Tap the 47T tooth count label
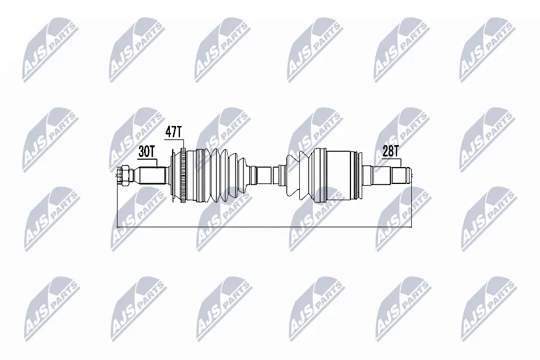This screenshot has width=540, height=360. click(x=174, y=132)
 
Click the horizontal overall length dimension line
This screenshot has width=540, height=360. click(x=264, y=227)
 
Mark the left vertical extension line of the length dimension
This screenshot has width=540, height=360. click(x=116, y=205)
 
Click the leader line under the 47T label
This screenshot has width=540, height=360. click(x=183, y=143)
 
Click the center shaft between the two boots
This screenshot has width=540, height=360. click(x=264, y=174)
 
